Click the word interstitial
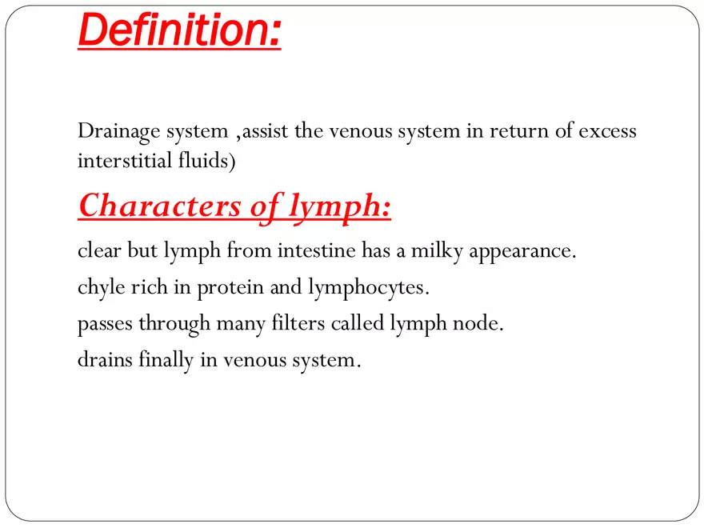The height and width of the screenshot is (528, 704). [124, 161]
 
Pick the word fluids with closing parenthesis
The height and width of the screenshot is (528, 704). [207, 161]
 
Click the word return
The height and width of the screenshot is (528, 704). [496, 131]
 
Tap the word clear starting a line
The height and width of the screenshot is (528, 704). [97, 251]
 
